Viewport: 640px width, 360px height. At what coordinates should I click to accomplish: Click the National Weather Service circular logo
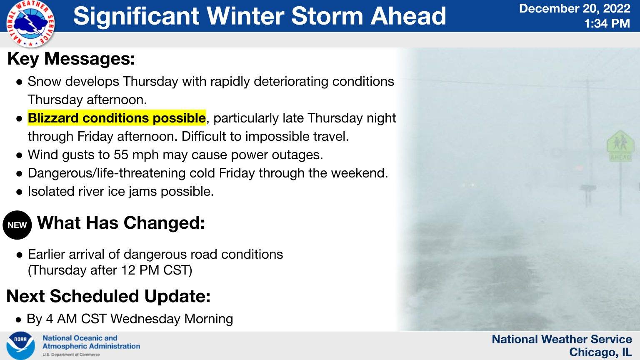30,23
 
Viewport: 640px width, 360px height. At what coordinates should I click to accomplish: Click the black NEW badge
17,225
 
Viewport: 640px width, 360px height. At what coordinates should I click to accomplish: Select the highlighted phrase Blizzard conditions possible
117,118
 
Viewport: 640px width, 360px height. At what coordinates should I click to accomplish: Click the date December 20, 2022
574,8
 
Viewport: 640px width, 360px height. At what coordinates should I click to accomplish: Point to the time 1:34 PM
607,23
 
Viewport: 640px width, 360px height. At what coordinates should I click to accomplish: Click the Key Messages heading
71,59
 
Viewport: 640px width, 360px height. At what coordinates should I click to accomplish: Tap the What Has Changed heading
121,223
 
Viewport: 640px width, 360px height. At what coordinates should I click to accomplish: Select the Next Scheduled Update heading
108,296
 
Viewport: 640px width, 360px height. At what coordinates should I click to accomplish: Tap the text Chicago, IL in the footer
600,352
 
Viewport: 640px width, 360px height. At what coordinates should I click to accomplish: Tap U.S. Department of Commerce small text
71,355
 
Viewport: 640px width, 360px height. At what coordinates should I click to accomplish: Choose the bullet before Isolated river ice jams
19,192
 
